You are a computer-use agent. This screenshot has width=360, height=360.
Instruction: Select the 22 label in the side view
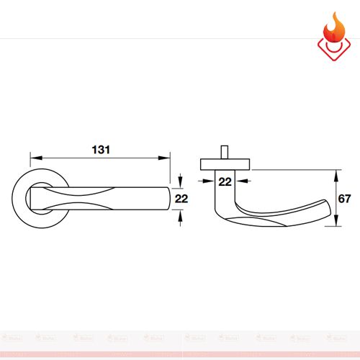225,181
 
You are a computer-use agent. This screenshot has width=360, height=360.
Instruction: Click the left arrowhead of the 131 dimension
32,157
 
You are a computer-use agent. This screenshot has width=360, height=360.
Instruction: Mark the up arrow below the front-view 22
179,215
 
